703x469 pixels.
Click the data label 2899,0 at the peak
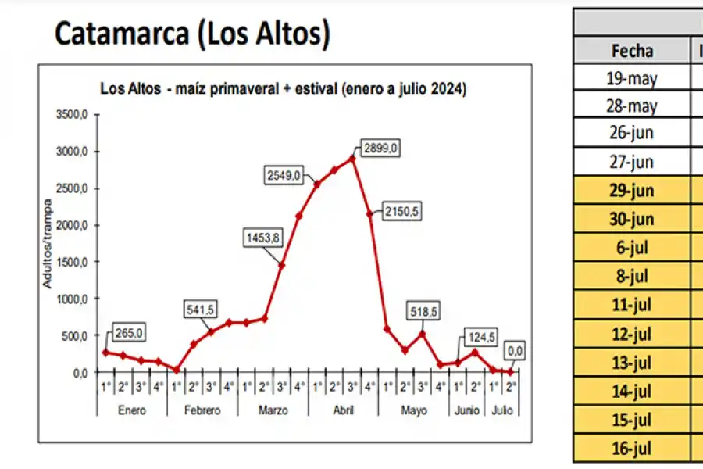pos(381,148)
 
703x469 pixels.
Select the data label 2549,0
pos(284,176)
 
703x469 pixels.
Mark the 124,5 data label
pos(480,338)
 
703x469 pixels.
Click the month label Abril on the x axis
pos(344,410)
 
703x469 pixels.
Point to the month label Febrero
pos(202,410)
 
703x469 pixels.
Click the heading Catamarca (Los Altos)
pos(192,34)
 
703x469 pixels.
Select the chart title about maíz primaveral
pos(284,88)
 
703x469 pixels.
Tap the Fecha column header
pos(632,51)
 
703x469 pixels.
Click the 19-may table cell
pos(632,78)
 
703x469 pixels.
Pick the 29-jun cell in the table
pos(632,191)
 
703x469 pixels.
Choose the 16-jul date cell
pos(632,448)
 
